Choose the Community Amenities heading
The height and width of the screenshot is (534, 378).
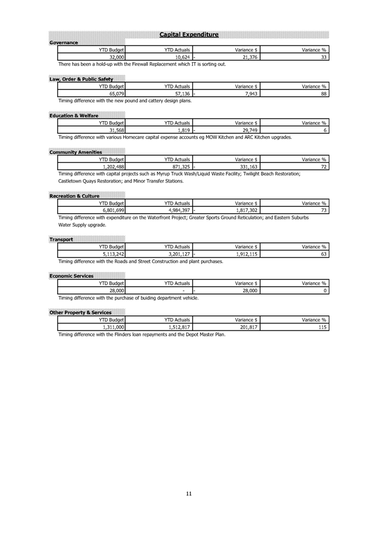coord(75,152)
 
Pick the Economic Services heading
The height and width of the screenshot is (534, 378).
coord(73,275)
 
